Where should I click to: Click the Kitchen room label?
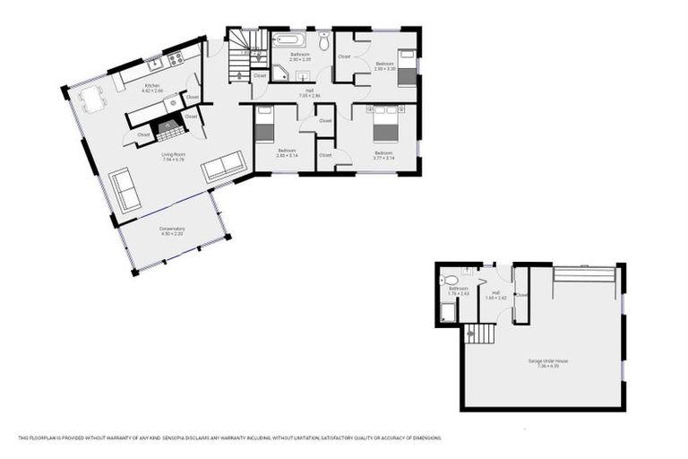coord(152,86)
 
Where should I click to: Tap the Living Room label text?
coord(172,156)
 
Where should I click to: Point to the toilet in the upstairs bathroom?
coord(324,41)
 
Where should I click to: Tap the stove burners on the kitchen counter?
coord(174,60)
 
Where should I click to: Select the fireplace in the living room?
coord(169,129)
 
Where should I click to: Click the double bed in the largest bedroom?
coord(385,124)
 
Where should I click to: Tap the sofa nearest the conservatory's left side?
coord(125,190)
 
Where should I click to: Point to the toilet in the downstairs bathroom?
coord(449,281)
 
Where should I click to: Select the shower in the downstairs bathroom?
coord(448,311)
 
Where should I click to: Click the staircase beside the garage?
coord(480,333)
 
